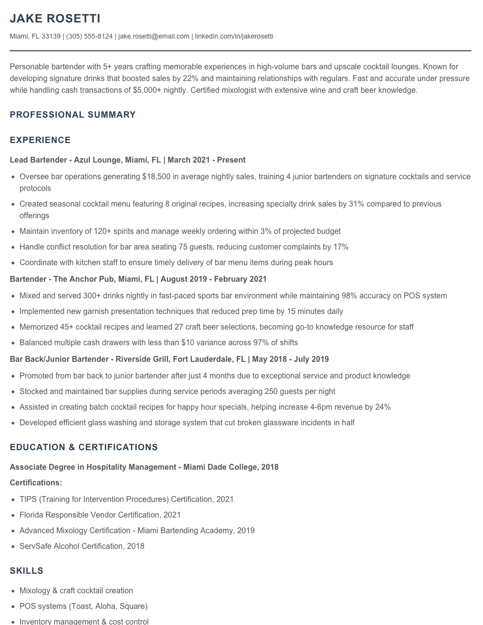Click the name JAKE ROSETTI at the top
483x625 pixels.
pyautogui.click(x=55, y=19)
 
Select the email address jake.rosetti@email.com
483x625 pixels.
pyautogui.click(x=154, y=36)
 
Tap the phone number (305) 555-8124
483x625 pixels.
pyautogui.click(x=89, y=36)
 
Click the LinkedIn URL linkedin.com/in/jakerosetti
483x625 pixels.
pyautogui.click(x=234, y=36)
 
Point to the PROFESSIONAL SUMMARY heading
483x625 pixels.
pyautogui.click(x=73, y=115)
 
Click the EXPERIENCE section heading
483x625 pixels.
pyautogui.click(x=40, y=140)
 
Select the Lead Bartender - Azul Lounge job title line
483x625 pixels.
pyautogui.click(x=127, y=160)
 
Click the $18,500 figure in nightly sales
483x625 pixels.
pyautogui.click(x=156, y=177)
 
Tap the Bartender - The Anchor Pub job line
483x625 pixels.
pyautogui.click(x=138, y=279)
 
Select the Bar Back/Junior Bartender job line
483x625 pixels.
pyautogui.click(x=169, y=359)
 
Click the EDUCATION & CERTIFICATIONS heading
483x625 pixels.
pyautogui.click(x=84, y=447)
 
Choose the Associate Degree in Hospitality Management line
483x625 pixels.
pyautogui.click(x=144, y=467)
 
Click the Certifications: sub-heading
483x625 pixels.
pyautogui.click(x=36, y=483)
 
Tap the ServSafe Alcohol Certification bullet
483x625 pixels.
pyautogui.click(x=82, y=546)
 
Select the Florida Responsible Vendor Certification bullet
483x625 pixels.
pyautogui.click(x=100, y=515)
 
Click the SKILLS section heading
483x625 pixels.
pyautogui.click(x=26, y=571)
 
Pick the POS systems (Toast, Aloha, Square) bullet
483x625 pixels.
pyautogui.click(x=83, y=606)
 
